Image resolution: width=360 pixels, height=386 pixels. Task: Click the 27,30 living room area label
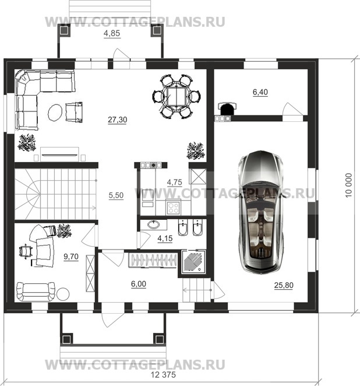point(117,120)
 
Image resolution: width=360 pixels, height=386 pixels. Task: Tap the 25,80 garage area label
point(284,285)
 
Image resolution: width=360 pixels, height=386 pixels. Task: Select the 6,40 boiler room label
point(260,92)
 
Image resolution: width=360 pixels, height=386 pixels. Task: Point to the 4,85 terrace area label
point(112,33)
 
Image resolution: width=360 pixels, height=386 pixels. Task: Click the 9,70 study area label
point(71,257)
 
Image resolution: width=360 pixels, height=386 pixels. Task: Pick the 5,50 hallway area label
point(116,195)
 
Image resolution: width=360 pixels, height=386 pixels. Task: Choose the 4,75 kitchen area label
point(174,183)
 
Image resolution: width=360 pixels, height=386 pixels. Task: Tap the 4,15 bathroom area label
point(165,238)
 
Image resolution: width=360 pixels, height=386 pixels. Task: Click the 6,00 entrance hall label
point(139,284)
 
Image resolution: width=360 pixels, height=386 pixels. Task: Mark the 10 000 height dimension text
point(349,185)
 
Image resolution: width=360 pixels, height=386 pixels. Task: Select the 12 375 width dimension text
point(163,375)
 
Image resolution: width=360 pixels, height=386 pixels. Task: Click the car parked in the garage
point(261,212)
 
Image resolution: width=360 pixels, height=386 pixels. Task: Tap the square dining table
point(177,97)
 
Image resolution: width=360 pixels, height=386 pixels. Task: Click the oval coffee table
point(55,113)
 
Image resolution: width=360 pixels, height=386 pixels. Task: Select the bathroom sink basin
point(154,224)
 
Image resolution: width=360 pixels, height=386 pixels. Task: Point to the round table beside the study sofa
point(63,294)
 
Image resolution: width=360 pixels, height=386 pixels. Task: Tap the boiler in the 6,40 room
point(227,108)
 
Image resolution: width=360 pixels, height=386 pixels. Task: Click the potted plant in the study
point(64,231)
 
